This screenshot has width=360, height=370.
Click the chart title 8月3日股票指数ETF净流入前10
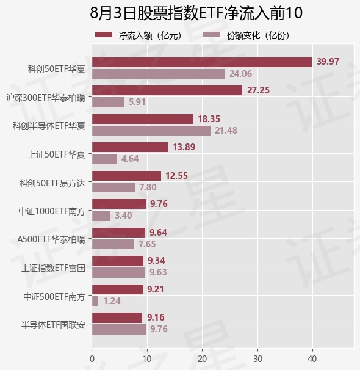[196, 13]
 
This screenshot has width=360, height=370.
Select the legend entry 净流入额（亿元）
[139, 35]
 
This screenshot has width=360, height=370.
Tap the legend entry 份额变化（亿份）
[247, 35]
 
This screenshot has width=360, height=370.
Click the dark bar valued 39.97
[203, 62]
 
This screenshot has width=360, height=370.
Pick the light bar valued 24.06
[159, 74]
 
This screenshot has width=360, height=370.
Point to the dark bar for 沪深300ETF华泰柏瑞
[167, 90]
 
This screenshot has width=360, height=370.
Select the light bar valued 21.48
[151, 131]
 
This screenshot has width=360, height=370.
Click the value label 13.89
[184, 147]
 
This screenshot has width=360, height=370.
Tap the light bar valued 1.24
[95, 301]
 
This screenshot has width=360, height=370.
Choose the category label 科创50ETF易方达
[52, 183]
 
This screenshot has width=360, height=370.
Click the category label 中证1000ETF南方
[52, 211]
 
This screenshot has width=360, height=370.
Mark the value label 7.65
[147, 244]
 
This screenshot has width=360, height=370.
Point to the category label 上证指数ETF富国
[53, 268]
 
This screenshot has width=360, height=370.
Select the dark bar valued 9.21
[117, 289]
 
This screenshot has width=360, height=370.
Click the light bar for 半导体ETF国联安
[119, 330]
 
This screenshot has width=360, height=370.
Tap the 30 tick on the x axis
[257, 359]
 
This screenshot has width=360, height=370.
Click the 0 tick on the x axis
[92, 359]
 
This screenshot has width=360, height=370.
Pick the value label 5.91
[137, 102]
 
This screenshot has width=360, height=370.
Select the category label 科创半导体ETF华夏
[49, 126]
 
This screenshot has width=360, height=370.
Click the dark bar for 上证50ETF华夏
[131, 147]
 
